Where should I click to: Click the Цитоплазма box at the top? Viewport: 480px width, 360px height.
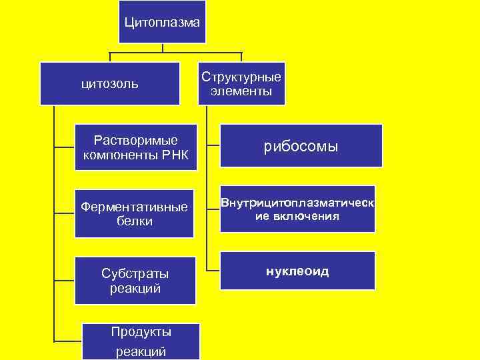[x=162, y=23]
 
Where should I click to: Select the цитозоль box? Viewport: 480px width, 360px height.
[x=110, y=83]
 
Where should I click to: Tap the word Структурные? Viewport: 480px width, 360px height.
[x=241, y=77]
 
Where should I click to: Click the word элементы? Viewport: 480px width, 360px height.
[x=241, y=91]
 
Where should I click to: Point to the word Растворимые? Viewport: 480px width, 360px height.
[x=136, y=141]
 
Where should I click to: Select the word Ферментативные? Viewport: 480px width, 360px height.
[x=134, y=207]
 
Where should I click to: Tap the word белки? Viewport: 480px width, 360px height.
[x=134, y=221]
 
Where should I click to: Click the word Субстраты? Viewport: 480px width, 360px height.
[x=135, y=273]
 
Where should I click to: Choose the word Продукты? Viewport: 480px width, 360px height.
[x=141, y=331]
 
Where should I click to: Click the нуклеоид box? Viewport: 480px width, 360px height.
[x=297, y=271]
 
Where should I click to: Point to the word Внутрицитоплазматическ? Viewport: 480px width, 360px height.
[x=297, y=203]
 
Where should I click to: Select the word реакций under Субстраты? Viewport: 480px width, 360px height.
[x=135, y=288]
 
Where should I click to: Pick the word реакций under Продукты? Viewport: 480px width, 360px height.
[x=141, y=351]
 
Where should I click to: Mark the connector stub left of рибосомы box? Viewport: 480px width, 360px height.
[x=213, y=144]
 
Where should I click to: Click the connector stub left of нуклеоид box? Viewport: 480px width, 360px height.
[x=213, y=270]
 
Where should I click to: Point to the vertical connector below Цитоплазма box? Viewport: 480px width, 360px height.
[x=162, y=48]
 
